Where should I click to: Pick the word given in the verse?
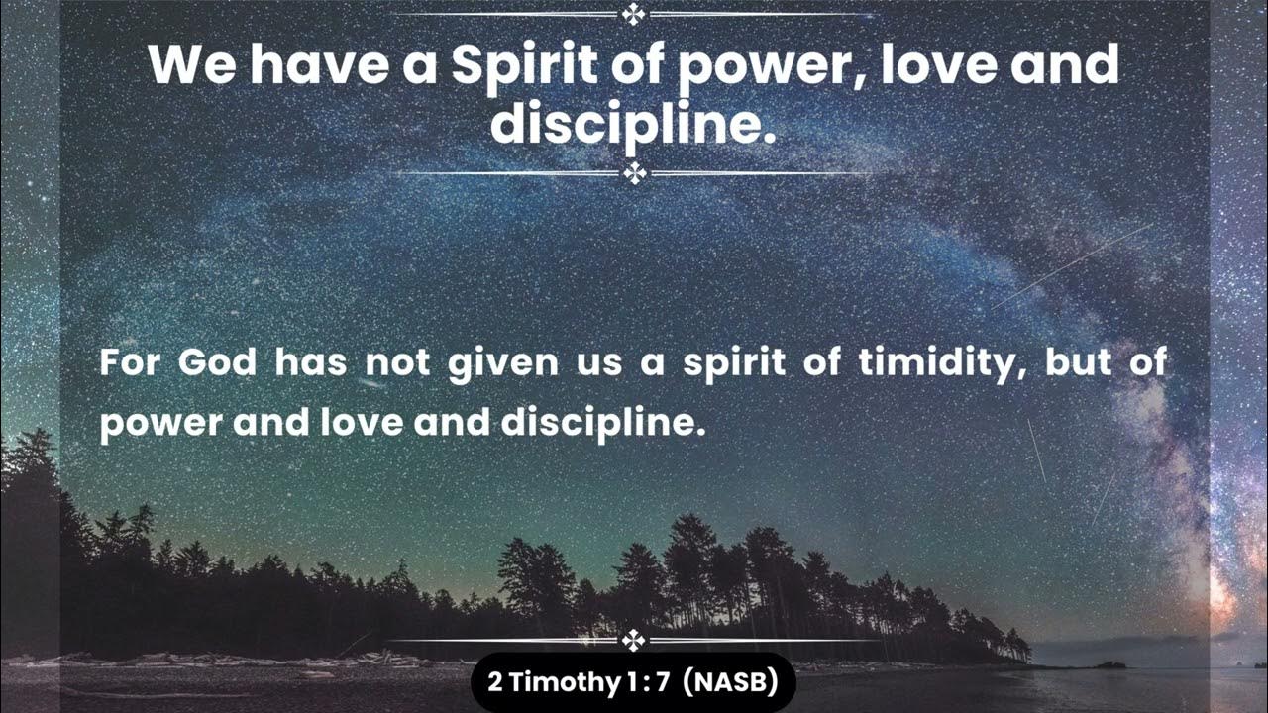503,363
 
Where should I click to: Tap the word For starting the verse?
129,363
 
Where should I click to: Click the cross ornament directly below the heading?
634,174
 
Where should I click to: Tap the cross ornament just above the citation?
634,641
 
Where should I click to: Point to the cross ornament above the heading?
634,14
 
